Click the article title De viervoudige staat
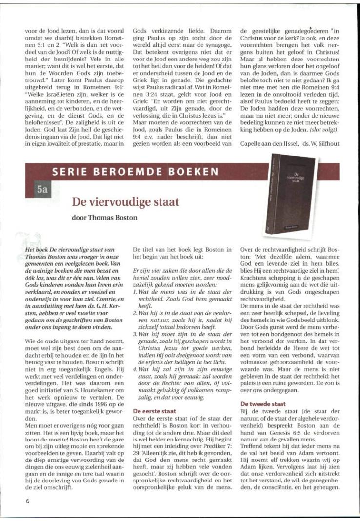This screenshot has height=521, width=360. tap(125, 201)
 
